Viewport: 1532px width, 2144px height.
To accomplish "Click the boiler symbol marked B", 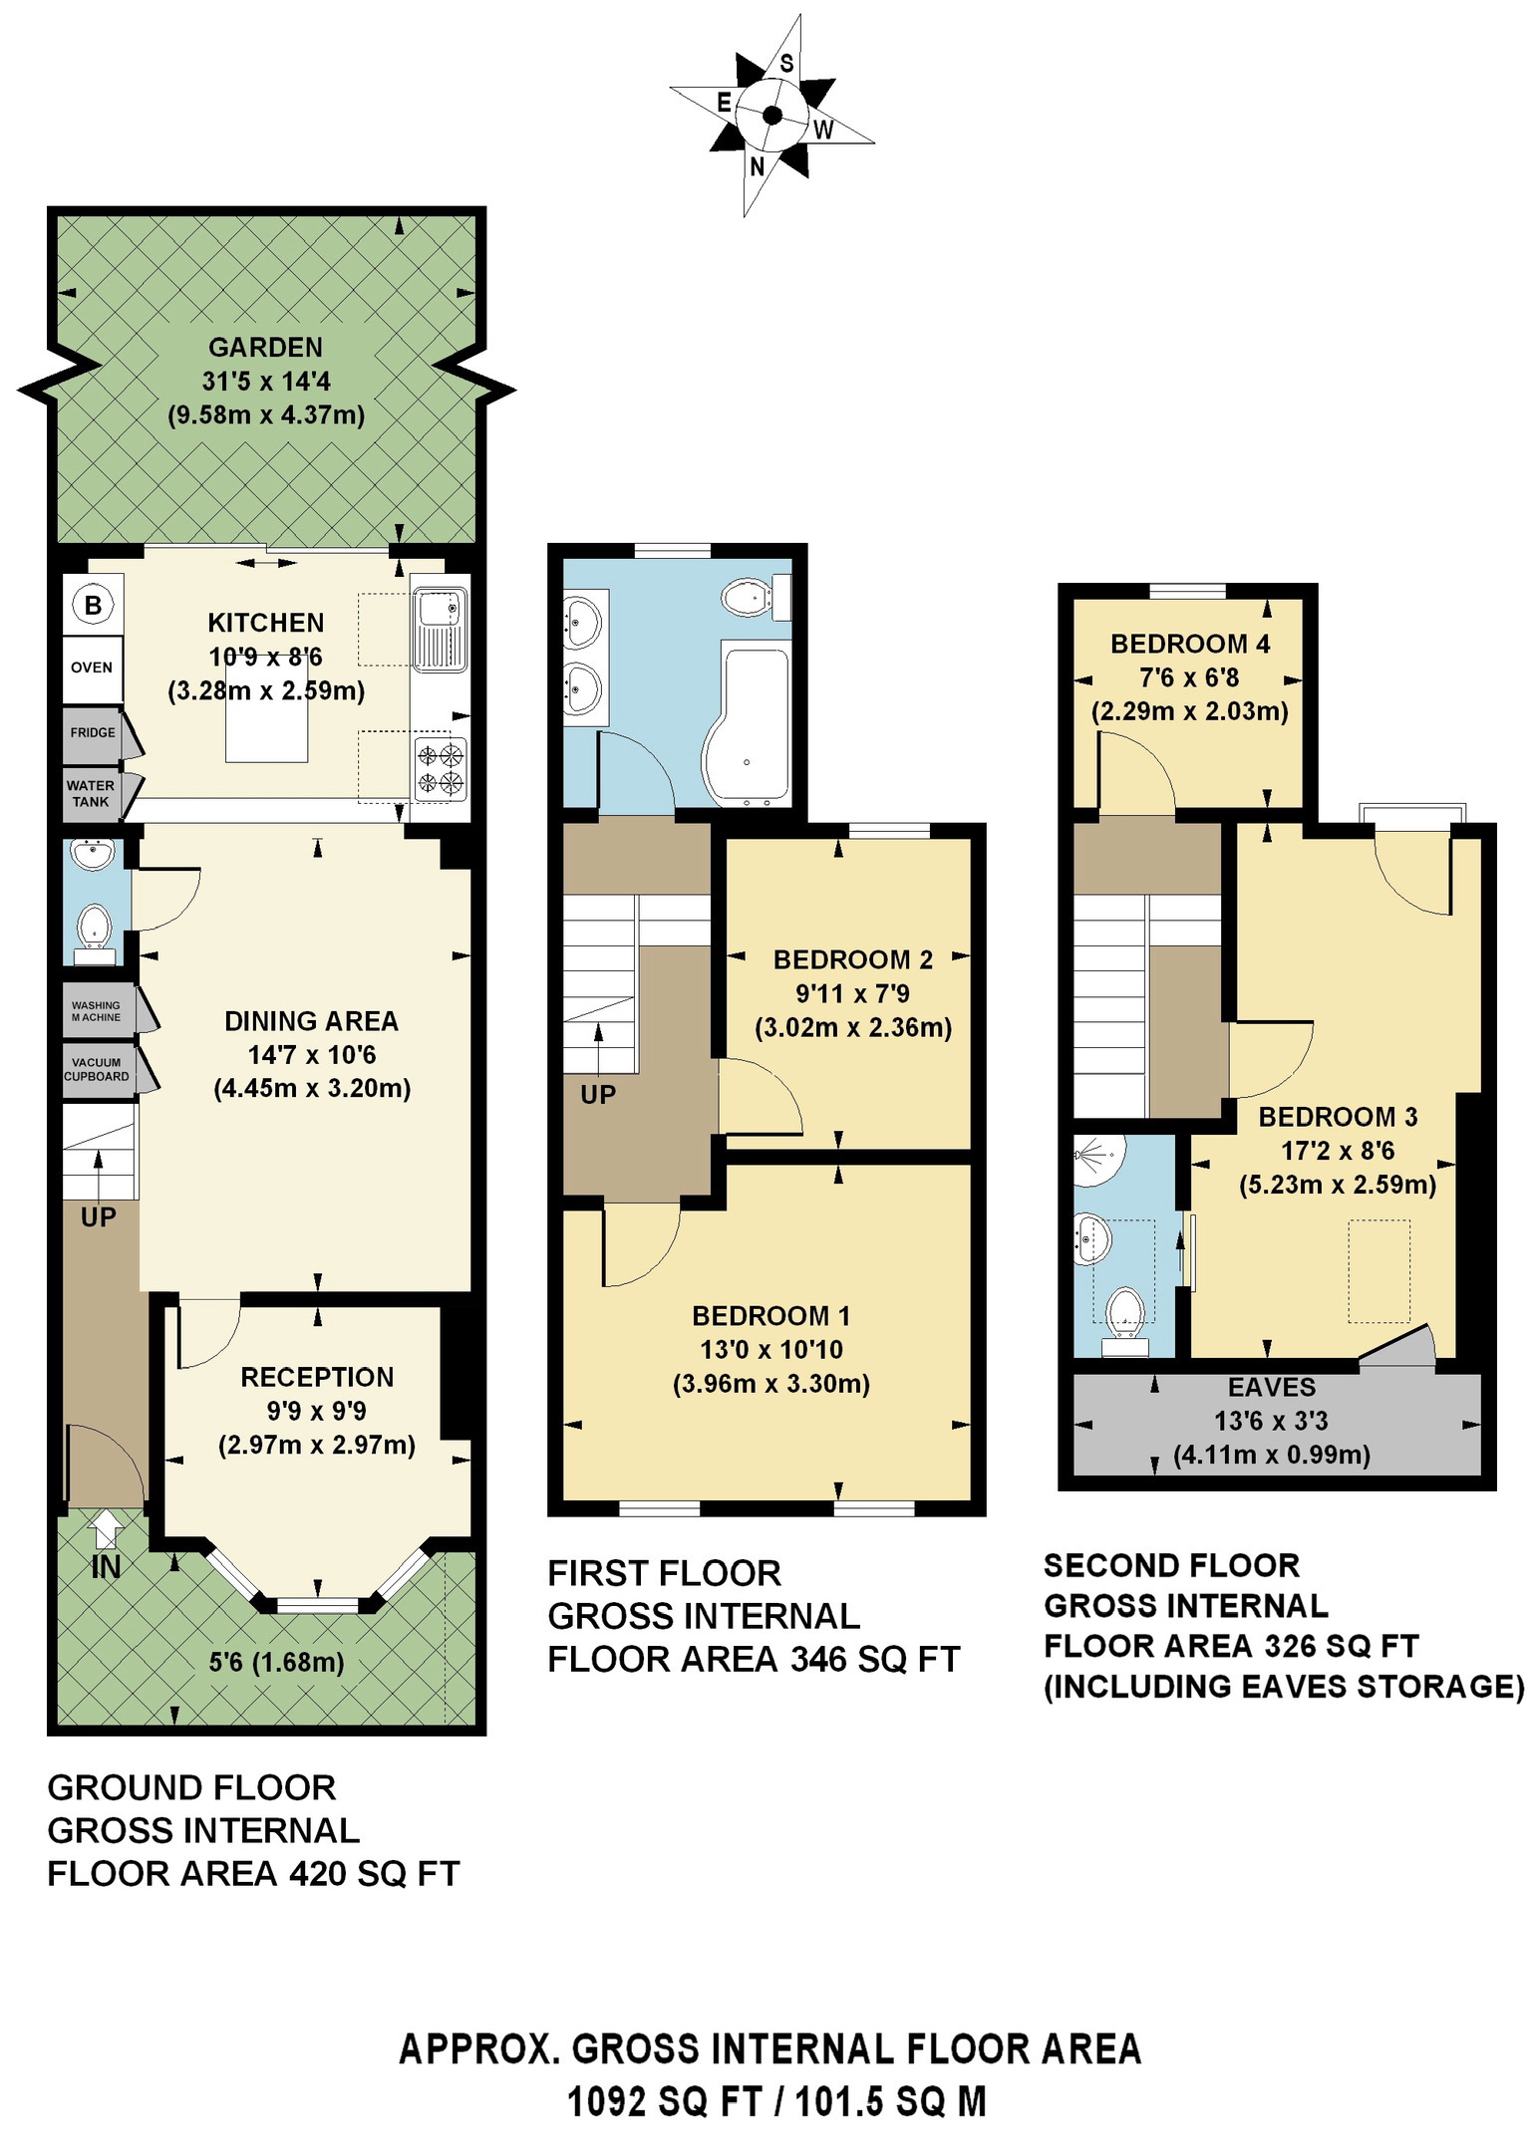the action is (x=93, y=605).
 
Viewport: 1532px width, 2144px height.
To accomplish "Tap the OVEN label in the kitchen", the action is (x=92, y=668).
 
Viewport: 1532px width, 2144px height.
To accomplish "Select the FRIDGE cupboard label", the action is (x=93, y=732).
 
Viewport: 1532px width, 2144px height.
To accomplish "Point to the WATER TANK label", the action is (x=91, y=793).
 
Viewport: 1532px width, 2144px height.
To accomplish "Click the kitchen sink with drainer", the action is (x=440, y=629).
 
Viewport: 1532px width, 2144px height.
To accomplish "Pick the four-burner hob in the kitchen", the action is (x=440, y=768).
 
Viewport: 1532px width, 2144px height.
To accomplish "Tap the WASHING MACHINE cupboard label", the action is (x=96, y=1011).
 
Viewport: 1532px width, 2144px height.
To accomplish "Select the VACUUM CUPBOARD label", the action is (x=97, y=1069).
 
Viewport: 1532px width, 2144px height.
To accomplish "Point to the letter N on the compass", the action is (x=758, y=166).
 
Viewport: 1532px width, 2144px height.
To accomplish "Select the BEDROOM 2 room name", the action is (x=853, y=959).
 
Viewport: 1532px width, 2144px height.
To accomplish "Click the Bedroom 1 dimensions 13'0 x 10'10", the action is (x=771, y=1350).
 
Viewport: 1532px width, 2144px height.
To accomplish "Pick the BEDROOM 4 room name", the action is (x=1190, y=644).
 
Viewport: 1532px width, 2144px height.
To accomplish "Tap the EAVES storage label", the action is (x=1272, y=1387).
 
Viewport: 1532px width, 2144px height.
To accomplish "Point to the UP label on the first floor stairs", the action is (x=598, y=1095).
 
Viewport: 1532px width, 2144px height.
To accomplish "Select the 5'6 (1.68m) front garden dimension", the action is (x=277, y=1662).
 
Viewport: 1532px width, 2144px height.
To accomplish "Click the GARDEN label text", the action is (x=266, y=348).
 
